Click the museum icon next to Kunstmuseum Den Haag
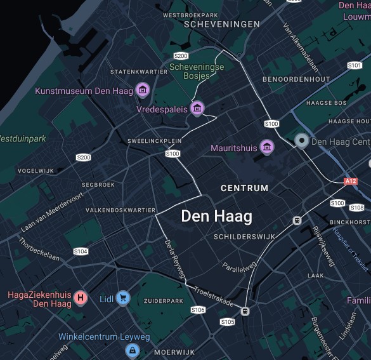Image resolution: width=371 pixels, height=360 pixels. point(143,90)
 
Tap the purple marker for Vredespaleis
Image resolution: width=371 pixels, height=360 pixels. point(197,108)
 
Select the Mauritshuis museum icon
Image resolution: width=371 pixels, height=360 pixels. point(267,147)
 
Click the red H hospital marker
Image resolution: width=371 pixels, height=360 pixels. point(81,297)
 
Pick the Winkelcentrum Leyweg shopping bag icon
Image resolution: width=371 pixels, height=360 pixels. point(132,349)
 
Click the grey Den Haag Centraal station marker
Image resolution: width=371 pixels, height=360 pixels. point(302,141)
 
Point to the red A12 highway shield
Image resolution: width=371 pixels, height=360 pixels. point(351,181)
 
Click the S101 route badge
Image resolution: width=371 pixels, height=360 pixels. point(354,65)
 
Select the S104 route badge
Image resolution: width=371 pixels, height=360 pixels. point(81,251)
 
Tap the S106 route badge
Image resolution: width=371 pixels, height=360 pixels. point(198,310)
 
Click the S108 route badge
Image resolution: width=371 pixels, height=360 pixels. point(357,208)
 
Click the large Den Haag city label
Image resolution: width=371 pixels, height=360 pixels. point(216,216)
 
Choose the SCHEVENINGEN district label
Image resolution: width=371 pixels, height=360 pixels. point(221,24)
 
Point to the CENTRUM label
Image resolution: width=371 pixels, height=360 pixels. point(244,188)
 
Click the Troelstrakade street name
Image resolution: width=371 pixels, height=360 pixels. point(214,296)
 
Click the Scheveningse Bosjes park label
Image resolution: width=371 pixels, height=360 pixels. point(197,70)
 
